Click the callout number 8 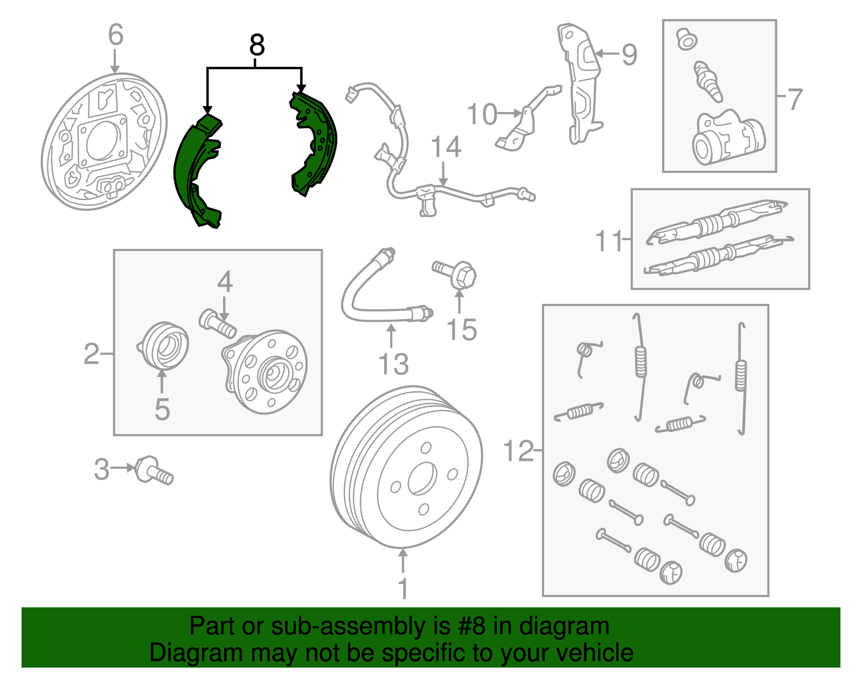pos(257,45)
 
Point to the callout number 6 pos(115,34)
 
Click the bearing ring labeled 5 pos(163,346)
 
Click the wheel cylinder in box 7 pos(728,138)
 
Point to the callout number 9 pos(629,54)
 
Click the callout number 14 pos(446,148)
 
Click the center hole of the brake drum pos(421,478)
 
